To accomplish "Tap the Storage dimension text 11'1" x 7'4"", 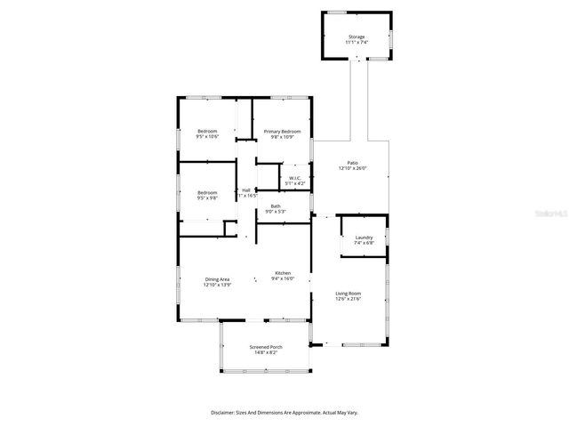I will pos(357,43).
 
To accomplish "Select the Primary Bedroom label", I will pos(282,132).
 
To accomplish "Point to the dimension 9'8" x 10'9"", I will pos(282,137).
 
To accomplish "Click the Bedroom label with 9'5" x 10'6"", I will pos(207,132).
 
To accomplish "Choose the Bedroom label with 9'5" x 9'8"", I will pos(207,192).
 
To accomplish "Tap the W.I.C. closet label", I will pos(294,178).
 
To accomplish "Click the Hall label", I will pos(246,189).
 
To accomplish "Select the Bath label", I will pos(276,206).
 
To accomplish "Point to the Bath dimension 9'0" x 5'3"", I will pos(276,212).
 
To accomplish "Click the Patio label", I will pos(352,163).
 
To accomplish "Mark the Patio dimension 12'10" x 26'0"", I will pos(352,168).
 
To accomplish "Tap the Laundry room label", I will pos(364,238).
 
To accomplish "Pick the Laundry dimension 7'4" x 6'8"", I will pos(364,243).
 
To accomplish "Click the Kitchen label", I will pos(283,273).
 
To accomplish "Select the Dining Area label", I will pos(218,279).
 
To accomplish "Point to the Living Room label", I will pos(349,293).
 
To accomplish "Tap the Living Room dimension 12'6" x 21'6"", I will pos(349,298).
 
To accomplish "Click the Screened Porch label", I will pos(265,347).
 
